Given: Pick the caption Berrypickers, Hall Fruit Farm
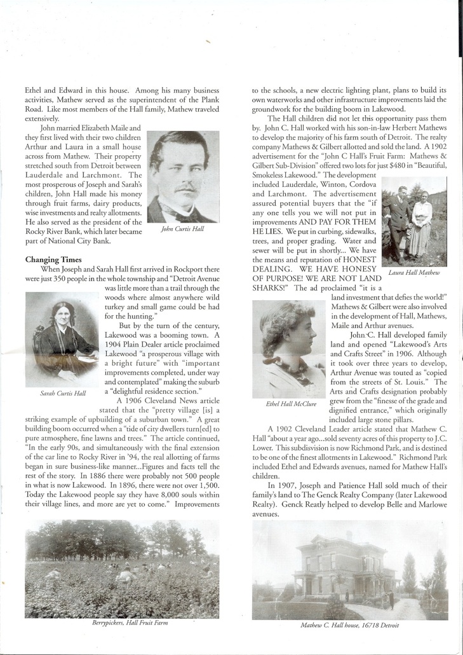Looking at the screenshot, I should [x=121, y=623].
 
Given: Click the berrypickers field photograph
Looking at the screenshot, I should [x=121, y=568].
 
